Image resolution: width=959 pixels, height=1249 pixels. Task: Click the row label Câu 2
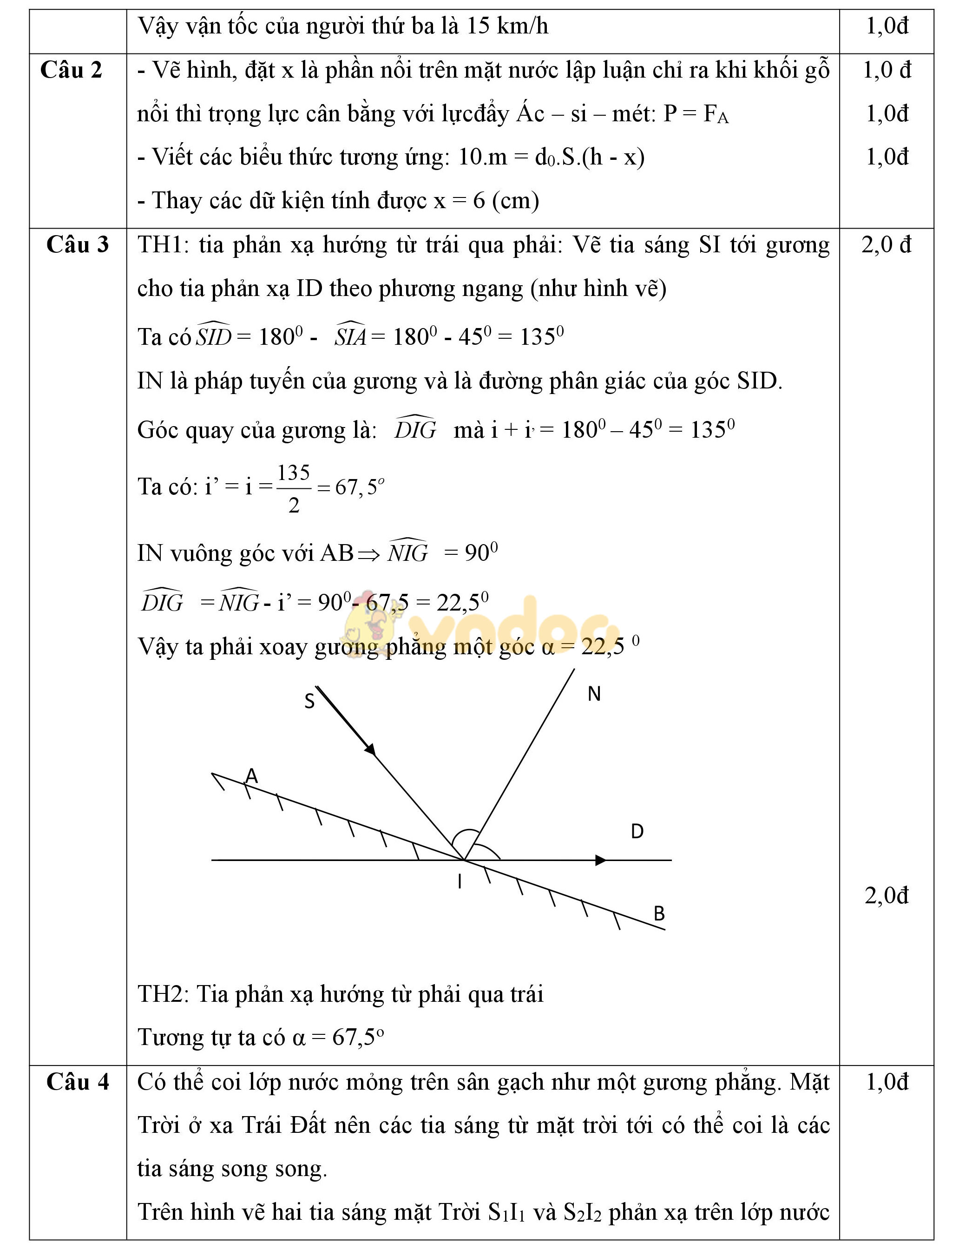[72, 70]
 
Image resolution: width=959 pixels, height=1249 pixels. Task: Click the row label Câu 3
[77, 244]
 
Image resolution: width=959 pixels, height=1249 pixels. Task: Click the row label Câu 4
[77, 1082]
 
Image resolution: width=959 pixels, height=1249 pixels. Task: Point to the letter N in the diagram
[594, 694]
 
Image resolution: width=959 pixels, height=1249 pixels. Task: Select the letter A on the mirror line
[252, 776]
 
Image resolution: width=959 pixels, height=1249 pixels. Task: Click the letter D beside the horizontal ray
[637, 831]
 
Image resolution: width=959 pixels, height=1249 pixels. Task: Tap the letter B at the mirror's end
[659, 914]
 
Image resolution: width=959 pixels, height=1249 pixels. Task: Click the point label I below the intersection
[460, 882]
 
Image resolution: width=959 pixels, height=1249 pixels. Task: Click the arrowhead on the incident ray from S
[370, 749]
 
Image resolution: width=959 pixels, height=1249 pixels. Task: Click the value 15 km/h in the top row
[507, 26]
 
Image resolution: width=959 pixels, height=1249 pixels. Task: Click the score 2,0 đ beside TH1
[886, 245]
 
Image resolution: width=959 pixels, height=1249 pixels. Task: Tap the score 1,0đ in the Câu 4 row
[887, 1082]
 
